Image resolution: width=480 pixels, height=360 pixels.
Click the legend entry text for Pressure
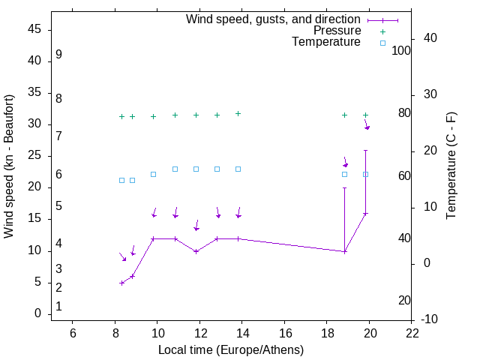tap(337, 31)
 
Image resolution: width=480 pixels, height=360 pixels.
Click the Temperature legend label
tap(326, 42)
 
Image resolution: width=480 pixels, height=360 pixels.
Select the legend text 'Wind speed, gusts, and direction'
tap(273, 19)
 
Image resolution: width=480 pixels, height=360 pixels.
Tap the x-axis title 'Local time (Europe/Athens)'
tap(231, 350)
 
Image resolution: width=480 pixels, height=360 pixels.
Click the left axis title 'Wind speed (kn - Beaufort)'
tap(9, 166)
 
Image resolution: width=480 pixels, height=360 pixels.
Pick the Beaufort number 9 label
tap(58, 55)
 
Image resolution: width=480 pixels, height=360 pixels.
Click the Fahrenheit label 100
tap(402, 50)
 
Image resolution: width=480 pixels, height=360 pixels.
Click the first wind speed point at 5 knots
tap(121, 283)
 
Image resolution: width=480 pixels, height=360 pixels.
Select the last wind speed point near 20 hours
tap(366, 214)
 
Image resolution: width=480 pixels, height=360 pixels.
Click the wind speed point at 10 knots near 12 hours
tap(196, 251)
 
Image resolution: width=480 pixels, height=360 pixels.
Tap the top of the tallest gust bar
tap(366, 151)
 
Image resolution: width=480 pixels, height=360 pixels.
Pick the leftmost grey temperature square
tap(121, 180)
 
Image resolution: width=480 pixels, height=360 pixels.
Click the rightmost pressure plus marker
tap(366, 115)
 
